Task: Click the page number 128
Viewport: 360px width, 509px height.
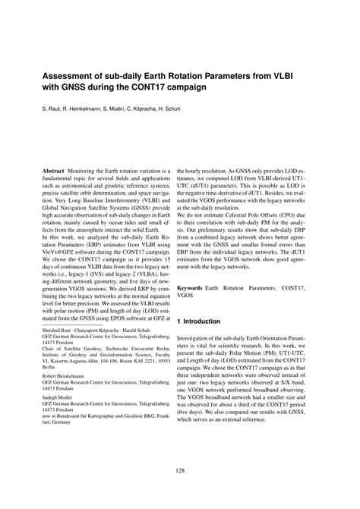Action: click(x=180, y=472)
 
